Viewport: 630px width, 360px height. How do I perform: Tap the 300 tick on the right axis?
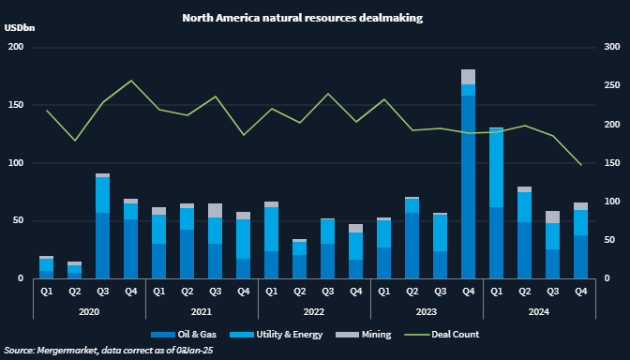tap(611, 47)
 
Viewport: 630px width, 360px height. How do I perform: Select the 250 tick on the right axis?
tap(611, 85)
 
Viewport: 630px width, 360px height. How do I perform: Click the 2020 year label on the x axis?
tap(89, 310)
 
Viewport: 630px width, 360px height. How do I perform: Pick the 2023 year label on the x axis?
tap(426, 310)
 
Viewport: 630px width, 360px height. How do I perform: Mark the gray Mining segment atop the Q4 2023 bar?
tap(468, 77)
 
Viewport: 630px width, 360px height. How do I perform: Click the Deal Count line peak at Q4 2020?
tap(130, 81)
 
